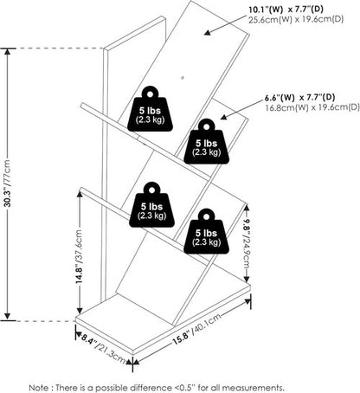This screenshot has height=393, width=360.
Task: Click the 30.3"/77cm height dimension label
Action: pos(8,184)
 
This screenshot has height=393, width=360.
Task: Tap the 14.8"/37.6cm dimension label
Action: pos(79,256)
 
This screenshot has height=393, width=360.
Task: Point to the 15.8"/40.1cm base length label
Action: pos(196,329)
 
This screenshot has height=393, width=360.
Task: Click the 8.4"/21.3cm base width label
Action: pos(103,348)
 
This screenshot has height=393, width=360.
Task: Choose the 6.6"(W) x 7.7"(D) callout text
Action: pos(300,98)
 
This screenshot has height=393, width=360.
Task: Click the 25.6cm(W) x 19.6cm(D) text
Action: pos(296,20)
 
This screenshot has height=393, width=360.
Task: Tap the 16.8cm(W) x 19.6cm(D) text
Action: pos(312,107)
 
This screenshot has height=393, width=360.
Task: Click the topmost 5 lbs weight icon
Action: pos(150,109)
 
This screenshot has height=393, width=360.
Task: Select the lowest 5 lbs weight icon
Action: pos(206,231)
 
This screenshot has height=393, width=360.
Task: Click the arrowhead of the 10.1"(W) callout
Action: pos(208,33)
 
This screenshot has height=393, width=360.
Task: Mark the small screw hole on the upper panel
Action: pos(183,78)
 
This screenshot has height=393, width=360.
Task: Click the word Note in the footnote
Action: pos(40,388)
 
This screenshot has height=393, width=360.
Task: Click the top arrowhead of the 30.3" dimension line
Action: pos(8,52)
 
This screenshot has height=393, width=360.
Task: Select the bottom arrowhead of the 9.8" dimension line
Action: pos(247,279)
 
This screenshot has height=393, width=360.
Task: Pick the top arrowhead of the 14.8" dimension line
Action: pos(80,195)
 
